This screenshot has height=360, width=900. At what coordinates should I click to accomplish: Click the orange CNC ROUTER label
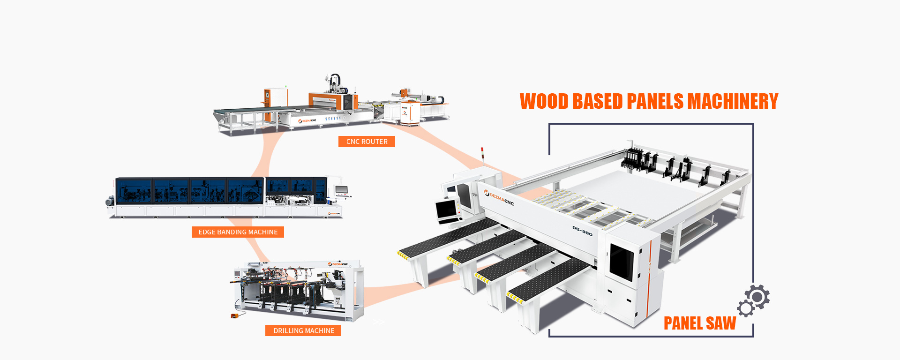(367, 142)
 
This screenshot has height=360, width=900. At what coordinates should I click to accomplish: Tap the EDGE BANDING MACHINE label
(238, 232)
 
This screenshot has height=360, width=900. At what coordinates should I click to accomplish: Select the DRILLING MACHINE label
(303, 330)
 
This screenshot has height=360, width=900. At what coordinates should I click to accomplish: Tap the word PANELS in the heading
(655, 101)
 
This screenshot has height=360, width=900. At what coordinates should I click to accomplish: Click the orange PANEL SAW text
(699, 323)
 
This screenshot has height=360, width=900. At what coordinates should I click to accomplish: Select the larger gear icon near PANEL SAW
(757, 297)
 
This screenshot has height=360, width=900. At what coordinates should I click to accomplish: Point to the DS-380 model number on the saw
(582, 231)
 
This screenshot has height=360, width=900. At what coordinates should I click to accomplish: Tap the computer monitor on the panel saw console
(448, 210)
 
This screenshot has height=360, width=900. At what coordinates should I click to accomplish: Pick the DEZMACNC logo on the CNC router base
(307, 120)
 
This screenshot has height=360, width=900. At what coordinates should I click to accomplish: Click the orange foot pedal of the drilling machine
(235, 315)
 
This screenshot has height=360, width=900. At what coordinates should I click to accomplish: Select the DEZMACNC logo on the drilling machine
(338, 264)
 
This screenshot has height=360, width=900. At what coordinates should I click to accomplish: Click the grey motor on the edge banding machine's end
(110, 201)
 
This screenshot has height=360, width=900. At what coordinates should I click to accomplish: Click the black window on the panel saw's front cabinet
(622, 262)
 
